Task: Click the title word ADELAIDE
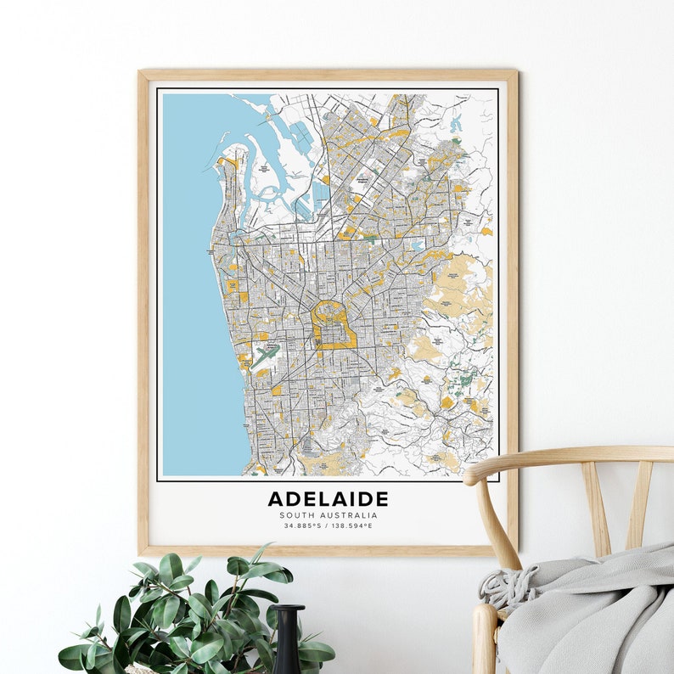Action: pyautogui.click(x=328, y=499)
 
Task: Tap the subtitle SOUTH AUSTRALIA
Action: pyautogui.click(x=328, y=515)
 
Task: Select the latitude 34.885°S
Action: pyautogui.click(x=302, y=525)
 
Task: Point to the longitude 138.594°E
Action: pyautogui.click(x=351, y=525)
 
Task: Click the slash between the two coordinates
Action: pyautogui.click(x=327, y=525)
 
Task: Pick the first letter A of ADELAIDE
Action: pyautogui.click(x=276, y=499)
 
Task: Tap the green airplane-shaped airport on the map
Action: pyautogui.click(x=264, y=354)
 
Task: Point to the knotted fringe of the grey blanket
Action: pyautogui.click(x=501, y=587)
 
